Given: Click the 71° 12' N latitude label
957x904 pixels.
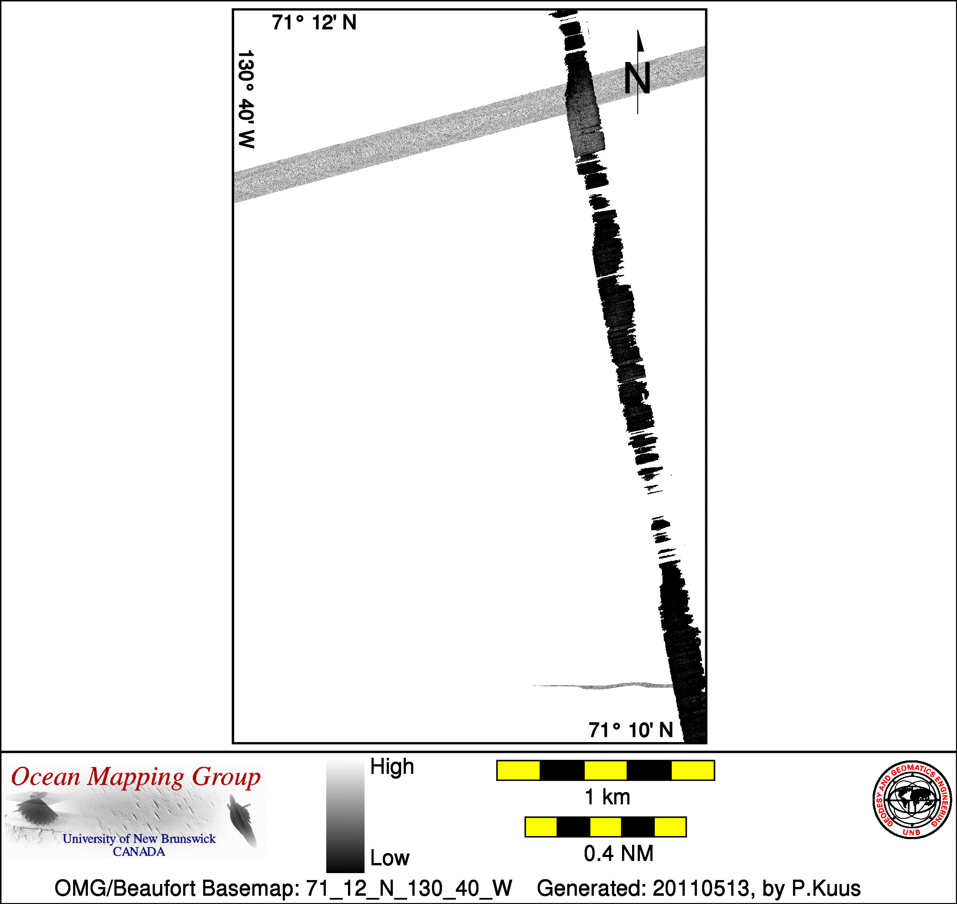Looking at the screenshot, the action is (314, 23).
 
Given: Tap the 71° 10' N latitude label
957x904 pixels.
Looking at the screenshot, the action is (630, 730).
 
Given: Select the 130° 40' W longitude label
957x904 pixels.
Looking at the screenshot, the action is (246, 99).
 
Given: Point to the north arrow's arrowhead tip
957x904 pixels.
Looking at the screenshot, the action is (638, 30).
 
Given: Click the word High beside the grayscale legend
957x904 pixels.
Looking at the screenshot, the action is (391, 766).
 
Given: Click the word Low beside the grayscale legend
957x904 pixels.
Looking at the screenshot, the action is (390, 858).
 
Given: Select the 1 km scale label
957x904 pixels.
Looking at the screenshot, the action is (607, 797).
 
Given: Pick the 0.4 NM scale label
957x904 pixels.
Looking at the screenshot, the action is (619, 854).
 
